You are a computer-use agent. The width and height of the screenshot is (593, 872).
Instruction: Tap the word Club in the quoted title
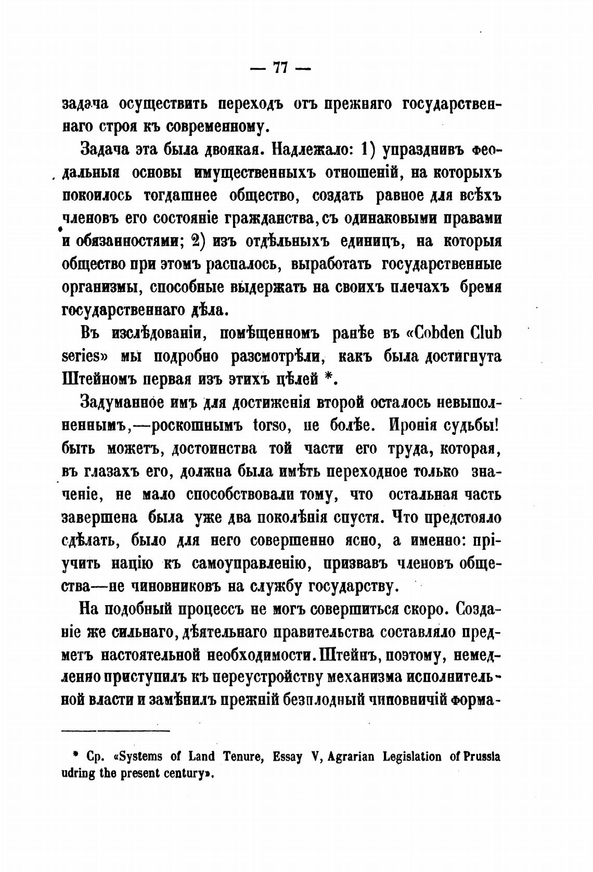(x=485, y=332)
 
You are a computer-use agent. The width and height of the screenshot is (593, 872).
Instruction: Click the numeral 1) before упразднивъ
(x=368, y=149)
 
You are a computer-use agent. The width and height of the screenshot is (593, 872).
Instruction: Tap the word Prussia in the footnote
(x=482, y=756)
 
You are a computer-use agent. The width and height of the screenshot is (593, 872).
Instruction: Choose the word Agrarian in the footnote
(x=353, y=756)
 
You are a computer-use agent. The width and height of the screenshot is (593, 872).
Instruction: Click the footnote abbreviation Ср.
(x=93, y=756)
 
